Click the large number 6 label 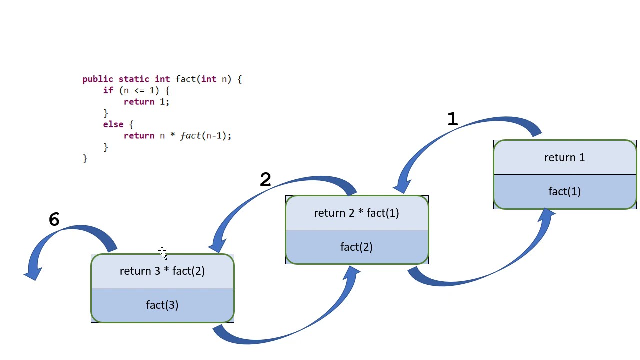pos(54,220)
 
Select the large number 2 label pos(265,180)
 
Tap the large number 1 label pos(452,119)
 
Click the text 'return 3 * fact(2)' pos(162,271)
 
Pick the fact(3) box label pos(162,305)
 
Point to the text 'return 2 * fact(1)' pos(356,213)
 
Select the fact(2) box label pos(356,247)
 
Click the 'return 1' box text pos(564,158)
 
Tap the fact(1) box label pos(564,191)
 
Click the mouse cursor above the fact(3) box pos(162,252)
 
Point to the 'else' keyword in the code pos(112,124)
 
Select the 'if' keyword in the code pos(108,90)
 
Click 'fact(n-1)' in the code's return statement pos(205,136)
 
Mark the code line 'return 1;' pos(147,102)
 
